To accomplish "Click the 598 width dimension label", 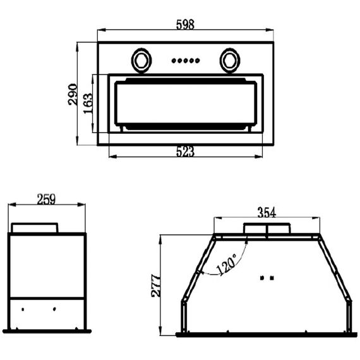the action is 185,25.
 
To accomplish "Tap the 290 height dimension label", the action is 73,94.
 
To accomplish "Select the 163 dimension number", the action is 88,104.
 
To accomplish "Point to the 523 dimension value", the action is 185,152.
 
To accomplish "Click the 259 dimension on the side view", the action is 46,200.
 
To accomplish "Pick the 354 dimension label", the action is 267,212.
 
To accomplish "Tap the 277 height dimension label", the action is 157,285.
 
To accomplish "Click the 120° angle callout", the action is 226,264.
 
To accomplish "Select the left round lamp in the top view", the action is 141,61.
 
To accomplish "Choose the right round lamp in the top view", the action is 230,61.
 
